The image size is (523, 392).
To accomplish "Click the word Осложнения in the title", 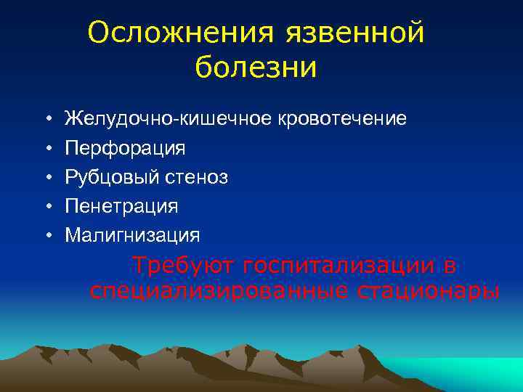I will click(181, 33).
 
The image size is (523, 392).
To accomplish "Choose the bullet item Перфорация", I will click(125, 148).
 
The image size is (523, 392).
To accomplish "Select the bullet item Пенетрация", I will click(121, 206).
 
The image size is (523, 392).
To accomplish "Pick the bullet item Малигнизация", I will click(132, 235).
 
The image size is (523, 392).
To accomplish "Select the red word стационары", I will click(429, 292).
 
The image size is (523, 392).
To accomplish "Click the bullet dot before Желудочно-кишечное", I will click(46, 119).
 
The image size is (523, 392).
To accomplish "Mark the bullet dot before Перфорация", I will click(46, 148).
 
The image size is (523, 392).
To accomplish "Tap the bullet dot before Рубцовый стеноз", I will click(46, 177).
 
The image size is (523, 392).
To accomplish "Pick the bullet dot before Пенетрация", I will click(46, 206).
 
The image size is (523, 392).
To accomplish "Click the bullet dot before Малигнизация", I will click(46, 235).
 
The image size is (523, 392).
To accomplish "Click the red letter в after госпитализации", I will click(450, 266).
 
